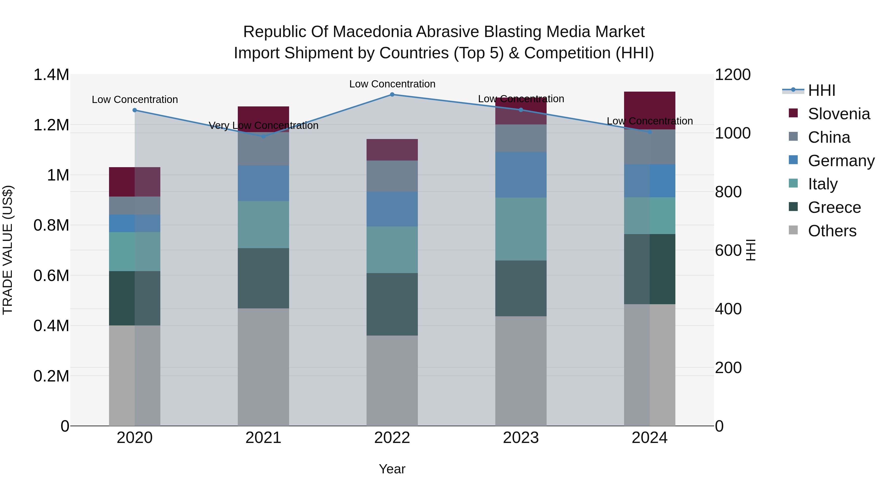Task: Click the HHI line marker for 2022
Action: [x=392, y=95]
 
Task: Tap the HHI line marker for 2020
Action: [x=135, y=110]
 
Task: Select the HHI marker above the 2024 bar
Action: [x=649, y=132]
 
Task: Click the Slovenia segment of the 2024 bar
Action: [x=649, y=110]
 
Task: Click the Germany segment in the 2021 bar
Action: [x=263, y=183]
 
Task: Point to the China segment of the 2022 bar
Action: [x=392, y=176]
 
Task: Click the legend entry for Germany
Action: [x=841, y=161]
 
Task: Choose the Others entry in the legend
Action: [x=832, y=231]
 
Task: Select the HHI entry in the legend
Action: [x=821, y=90]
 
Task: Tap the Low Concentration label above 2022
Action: [x=392, y=84]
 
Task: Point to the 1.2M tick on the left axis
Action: [x=51, y=125]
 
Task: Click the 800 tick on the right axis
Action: [x=728, y=192]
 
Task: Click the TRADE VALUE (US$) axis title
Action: [x=8, y=250]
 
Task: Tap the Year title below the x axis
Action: [x=392, y=469]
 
